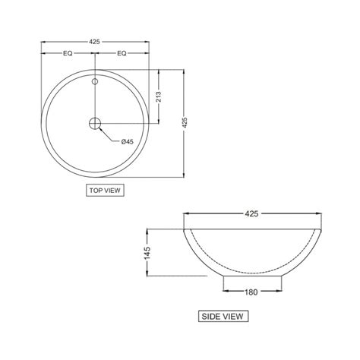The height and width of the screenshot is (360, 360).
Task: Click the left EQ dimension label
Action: [68, 54]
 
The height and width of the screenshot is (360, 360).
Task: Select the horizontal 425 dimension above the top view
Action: [95, 42]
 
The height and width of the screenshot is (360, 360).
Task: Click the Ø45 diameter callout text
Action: [128, 141]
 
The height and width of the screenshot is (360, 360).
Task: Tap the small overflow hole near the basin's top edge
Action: [95, 81]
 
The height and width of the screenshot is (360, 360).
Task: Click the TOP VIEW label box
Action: [105, 191]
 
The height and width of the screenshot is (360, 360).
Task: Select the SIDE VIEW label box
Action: [223, 316]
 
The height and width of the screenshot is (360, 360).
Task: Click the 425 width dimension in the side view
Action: [251, 213]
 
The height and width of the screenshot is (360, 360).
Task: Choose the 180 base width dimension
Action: [251, 291]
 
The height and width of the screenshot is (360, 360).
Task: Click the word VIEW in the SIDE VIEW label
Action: [232, 316]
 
